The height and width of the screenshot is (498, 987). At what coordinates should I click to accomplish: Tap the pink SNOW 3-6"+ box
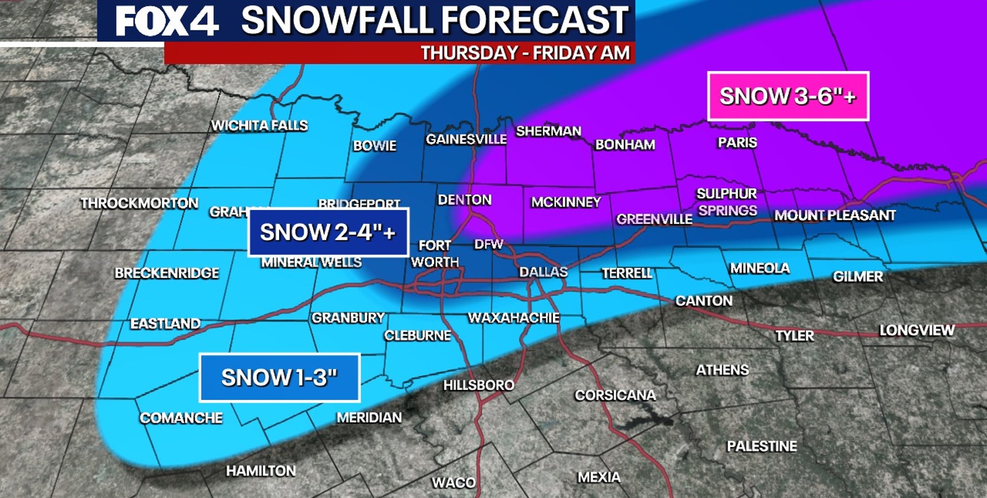pos(788,96)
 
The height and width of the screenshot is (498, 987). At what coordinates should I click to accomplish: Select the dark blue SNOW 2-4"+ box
pos(328,233)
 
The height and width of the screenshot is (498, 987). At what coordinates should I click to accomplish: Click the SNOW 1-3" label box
pos(279,378)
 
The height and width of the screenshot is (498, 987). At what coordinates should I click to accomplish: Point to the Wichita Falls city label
pos(259,126)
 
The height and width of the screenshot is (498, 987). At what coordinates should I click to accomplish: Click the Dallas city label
pos(543,272)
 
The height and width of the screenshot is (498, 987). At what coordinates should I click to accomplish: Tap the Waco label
pos(453,483)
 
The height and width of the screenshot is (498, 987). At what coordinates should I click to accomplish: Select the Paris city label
pos(737,143)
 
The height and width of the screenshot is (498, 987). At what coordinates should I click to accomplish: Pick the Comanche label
pos(181,418)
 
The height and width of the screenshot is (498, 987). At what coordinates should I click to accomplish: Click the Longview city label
pos(917,331)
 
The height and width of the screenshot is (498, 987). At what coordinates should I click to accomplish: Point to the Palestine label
pos(761,446)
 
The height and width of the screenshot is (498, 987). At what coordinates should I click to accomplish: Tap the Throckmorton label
pos(139,203)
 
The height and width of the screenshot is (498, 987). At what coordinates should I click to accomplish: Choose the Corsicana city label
pos(615,395)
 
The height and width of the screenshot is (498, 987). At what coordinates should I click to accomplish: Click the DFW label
pos(488,244)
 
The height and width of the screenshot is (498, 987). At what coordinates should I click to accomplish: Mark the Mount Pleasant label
pos(835,215)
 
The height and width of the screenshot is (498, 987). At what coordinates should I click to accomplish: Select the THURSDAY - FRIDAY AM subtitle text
pos(525,53)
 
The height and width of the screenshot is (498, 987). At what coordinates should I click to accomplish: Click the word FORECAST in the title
pos(535,20)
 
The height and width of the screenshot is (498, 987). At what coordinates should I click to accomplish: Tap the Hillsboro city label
pos(478,385)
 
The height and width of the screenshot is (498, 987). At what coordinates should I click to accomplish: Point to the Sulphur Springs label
pos(726,202)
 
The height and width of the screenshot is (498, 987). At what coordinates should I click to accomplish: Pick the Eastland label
pos(165,324)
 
